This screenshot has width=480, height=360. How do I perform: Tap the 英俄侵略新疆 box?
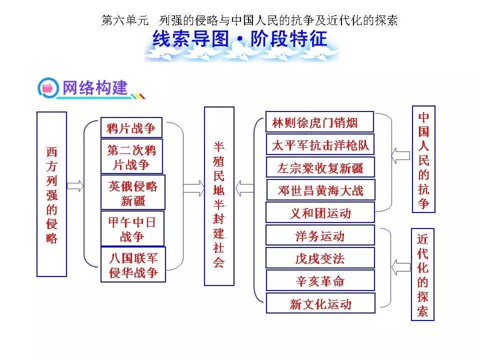click(132, 192)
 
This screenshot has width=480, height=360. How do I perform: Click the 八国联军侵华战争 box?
click(133, 264)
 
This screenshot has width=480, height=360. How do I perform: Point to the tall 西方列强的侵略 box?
click(51, 194)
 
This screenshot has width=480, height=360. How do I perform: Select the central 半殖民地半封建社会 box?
click(219, 196)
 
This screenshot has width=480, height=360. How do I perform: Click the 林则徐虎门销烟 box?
click(319, 122)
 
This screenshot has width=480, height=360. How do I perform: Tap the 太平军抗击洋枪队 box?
click(320, 145)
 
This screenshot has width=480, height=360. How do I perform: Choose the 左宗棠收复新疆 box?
click(320, 167)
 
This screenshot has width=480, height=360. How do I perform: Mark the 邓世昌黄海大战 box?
click(320, 190)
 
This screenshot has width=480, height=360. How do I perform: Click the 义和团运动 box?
click(320, 212)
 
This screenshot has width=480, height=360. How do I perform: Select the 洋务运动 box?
click(320, 235)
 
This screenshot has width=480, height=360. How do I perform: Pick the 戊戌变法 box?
click(320, 258)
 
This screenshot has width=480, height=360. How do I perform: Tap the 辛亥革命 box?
click(320, 280)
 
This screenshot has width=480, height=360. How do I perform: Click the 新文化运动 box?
click(320, 303)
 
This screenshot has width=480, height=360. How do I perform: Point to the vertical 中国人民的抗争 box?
click(423, 159)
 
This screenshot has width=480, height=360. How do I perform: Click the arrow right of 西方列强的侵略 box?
click(75, 186)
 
